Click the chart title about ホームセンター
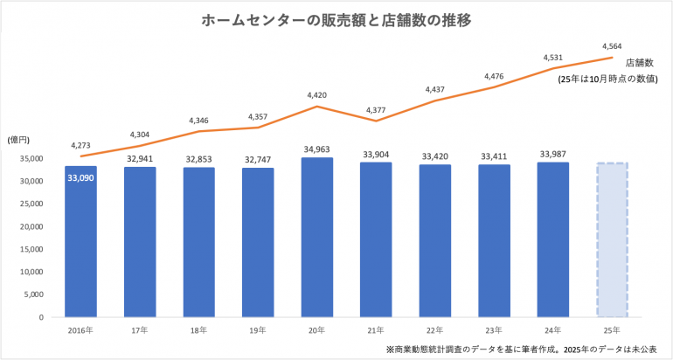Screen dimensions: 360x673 point(336,20)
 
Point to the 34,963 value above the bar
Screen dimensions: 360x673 point(317,149)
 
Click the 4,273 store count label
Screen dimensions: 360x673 point(80,145)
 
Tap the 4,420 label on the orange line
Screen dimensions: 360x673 point(317,94)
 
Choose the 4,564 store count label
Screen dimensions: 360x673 point(612,45)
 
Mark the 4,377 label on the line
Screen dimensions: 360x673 point(377,109)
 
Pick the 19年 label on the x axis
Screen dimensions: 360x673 point(258,331)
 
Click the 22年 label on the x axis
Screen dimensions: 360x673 point(435,331)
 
